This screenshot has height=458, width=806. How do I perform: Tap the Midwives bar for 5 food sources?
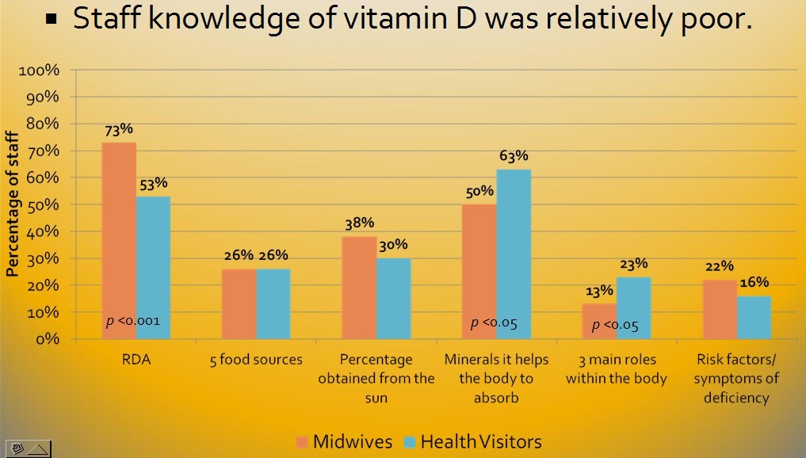pyautogui.click(x=239, y=304)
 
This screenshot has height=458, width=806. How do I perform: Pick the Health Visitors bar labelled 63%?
pyautogui.click(x=514, y=254)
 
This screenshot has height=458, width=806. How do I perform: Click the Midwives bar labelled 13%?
pyautogui.click(x=599, y=321)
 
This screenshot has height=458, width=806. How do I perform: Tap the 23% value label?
pyautogui.click(x=634, y=264)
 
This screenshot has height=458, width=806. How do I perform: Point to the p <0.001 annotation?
pyautogui.click(x=133, y=321)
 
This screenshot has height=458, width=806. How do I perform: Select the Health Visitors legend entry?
pyautogui.click(x=472, y=441)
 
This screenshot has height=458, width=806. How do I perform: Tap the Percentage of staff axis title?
pyautogui.click(x=13, y=204)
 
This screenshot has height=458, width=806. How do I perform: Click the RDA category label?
pyautogui.click(x=136, y=359)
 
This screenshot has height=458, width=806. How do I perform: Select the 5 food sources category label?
pyautogui.click(x=256, y=360)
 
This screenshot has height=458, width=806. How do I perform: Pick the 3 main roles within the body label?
pyautogui.click(x=616, y=368)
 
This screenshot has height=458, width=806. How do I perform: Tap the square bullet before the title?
pyautogui.click(x=52, y=19)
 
